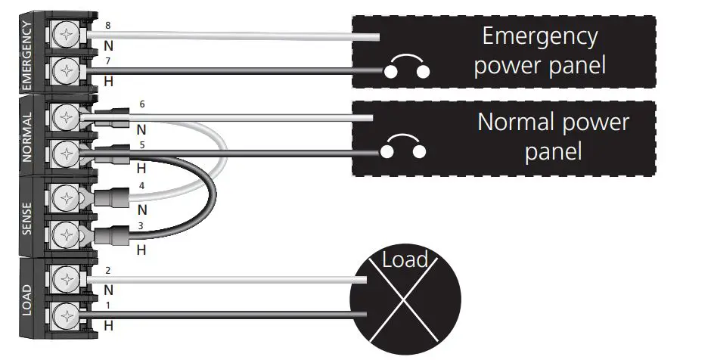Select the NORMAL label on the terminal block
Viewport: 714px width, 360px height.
click(x=27, y=137)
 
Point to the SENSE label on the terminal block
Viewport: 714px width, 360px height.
click(x=27, y=217)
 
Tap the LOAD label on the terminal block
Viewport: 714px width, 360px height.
click(x=27, y=299)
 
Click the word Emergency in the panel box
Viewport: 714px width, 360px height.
click(x=539, y=36)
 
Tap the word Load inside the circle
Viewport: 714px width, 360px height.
click(x=405, y=261)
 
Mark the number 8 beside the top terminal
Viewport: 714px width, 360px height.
click(x=107, y=25)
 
